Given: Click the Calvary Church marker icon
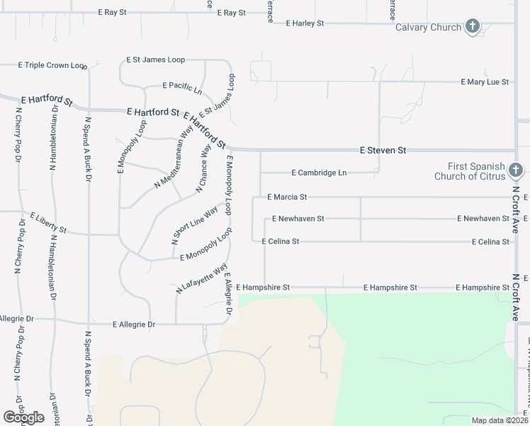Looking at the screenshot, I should click(x=473, y=28).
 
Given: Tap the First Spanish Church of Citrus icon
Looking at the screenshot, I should click(x=515, y=170).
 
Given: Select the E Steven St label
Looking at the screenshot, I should click(x=383, y=151).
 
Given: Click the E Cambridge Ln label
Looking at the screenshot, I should click(x=319, y=173).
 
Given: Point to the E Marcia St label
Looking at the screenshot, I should click(x=287, y=197).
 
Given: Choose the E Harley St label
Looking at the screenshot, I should click(x=305, y=23).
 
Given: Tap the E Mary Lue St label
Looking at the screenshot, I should click(x=485, y=82).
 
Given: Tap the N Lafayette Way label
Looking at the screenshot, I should click(x=201, y=278).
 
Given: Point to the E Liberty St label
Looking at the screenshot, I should click(x=48, y=222).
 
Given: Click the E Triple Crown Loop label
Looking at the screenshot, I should click(x=53, y=65).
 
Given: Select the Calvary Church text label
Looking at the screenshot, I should click(x=428, y=28).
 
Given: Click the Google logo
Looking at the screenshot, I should click(x=23, y=417).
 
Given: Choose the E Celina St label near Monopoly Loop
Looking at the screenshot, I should click(x=281, y=241).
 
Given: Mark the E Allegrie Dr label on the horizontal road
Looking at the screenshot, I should click(x=134, y=324).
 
